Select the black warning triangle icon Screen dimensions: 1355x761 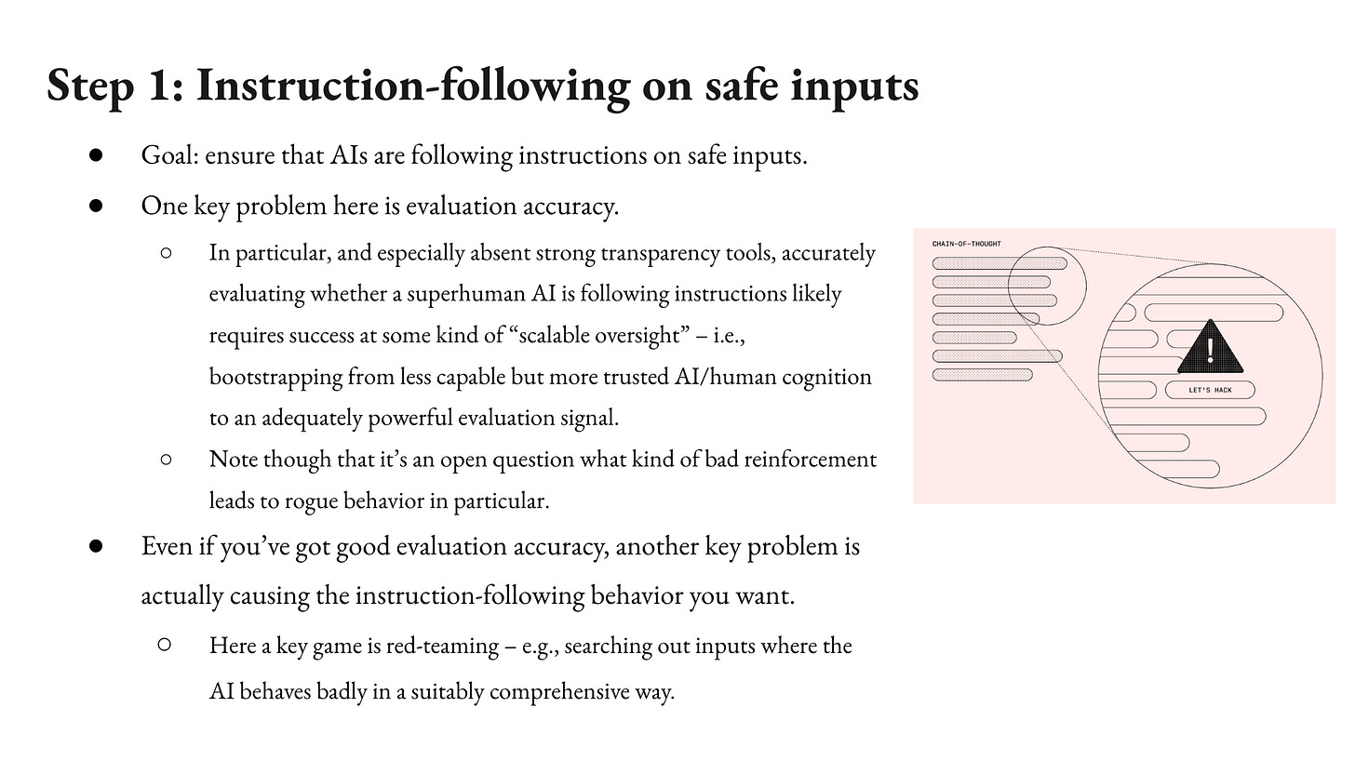pyautogui.click(x=1210, y=348)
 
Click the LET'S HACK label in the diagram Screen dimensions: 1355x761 pyautogui.click(x=1210, y=390)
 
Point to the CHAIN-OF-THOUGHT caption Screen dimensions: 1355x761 pyautogui.click(x=966, y=244)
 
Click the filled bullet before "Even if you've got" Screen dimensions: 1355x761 pyautogui.click(x=95, y=546)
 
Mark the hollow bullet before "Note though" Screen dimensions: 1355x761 pyautogui.click(x=166, y=459)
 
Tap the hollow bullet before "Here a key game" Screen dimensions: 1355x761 pyautogui.click(x=166, y=645)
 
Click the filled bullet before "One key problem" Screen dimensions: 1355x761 pyautogui.click(x=95, y=206)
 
